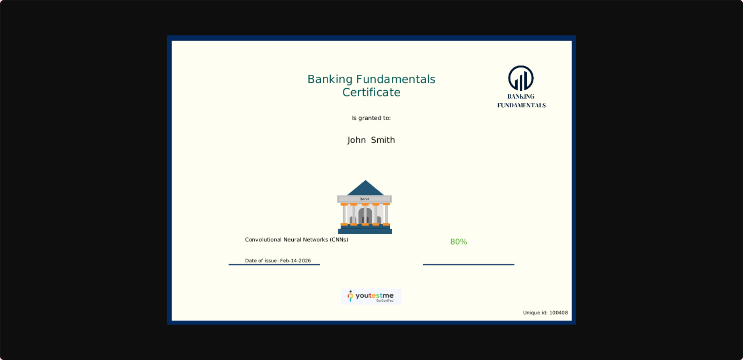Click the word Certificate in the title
371,92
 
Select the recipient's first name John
357,140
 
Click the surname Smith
383,140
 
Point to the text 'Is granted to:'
371,118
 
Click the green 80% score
459,242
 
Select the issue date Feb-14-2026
295,261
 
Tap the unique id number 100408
559,313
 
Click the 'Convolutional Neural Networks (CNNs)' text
296,240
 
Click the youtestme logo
371,297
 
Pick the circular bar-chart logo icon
521,78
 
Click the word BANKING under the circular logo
521,97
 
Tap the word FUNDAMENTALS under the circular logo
521,105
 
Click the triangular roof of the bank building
365,189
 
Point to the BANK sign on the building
364,199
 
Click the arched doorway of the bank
365,216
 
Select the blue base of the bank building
365,230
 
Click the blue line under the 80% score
468,265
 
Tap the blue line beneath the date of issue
274,265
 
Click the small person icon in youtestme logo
350,296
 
